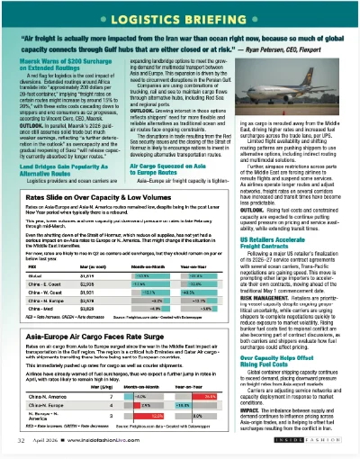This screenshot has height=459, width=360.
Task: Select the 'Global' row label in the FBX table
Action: pos(34,250)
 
